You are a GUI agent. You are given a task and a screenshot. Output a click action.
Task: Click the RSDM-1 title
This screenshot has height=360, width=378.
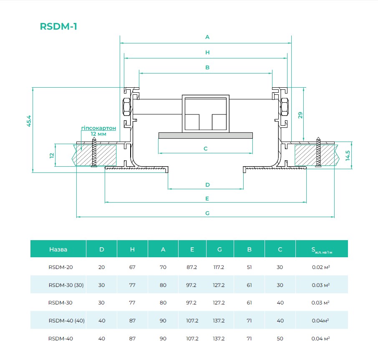pos(58,26)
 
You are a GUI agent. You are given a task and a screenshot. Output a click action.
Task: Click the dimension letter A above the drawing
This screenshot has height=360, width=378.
pos(207,37)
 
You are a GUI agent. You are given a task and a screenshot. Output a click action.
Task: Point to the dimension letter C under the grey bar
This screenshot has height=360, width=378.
pos(205,149)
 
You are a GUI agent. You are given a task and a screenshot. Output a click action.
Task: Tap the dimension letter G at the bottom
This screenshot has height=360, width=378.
pos(207,213)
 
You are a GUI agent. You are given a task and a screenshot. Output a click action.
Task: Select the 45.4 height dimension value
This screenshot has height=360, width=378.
pos(29,121)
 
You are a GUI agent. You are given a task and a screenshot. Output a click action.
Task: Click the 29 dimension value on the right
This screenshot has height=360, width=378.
pos(300,115)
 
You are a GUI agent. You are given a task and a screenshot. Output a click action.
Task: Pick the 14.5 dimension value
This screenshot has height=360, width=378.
pos(348,156)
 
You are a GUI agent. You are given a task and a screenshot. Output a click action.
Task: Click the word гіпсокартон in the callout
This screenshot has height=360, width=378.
pos(98,128)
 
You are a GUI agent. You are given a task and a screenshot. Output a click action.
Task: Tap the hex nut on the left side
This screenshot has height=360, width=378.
pos(126,106)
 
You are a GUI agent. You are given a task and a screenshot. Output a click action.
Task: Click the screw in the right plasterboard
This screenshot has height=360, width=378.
pos(318,152)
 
